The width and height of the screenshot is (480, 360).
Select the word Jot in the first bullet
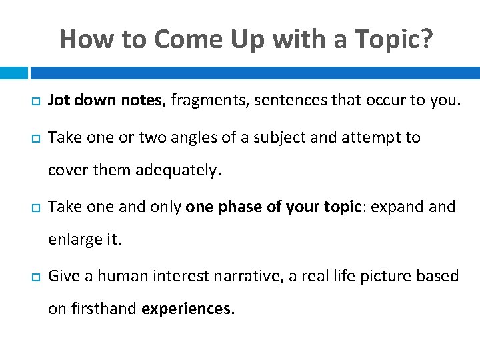click(59, 101)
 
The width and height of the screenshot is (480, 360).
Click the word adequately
click(177, 170)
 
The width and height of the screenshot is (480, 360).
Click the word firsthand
click(102, 309)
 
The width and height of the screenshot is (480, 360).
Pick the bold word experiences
click(188, 309)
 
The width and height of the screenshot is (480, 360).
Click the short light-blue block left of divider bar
click(13, 73)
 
